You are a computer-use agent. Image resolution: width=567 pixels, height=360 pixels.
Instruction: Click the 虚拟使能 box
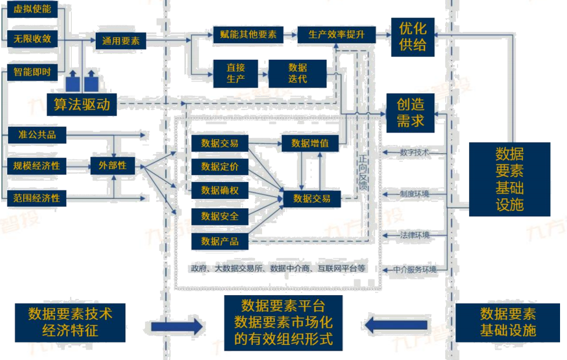click(32, 9)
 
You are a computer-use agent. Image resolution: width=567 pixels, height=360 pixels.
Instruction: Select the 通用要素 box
click(121, 41)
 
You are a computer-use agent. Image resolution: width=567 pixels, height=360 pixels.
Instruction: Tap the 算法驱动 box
click(82, 104)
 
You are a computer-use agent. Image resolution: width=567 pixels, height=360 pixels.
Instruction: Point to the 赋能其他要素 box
click(248, 34)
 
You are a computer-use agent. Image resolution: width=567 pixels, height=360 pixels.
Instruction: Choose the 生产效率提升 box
click(337, 34)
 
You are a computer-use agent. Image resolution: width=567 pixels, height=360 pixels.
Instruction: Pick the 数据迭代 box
click(297, 74)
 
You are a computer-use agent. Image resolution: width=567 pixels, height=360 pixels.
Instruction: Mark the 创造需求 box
click(410, 112)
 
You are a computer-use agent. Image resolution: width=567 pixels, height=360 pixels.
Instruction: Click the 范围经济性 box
click(37, 198)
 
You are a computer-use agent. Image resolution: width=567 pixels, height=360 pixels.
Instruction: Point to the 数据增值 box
click(310, 143)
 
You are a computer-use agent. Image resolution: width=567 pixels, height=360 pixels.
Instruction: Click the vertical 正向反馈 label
click(363, 173)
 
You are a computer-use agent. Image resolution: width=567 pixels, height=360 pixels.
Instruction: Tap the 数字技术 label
click(414, 152)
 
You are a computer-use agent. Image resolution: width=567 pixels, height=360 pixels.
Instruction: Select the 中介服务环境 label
click(415, 270)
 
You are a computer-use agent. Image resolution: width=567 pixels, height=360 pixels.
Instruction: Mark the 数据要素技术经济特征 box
click(70, 322)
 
